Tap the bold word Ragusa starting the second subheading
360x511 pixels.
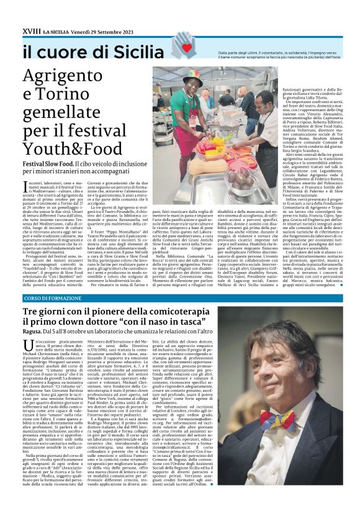coord(32,333)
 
